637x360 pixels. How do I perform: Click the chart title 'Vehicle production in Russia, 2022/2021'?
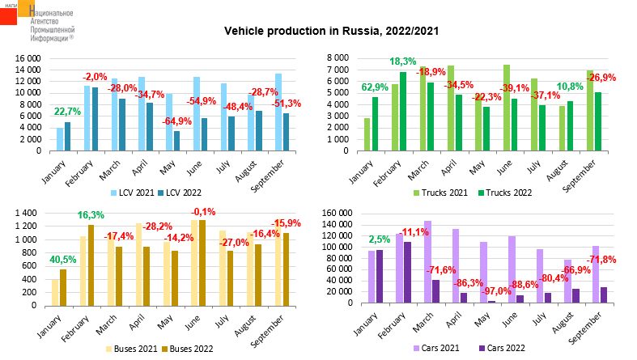tap(331, 32)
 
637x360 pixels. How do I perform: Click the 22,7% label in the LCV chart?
tap(67, 112)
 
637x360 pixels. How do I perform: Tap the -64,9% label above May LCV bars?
tap(176, 121)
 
